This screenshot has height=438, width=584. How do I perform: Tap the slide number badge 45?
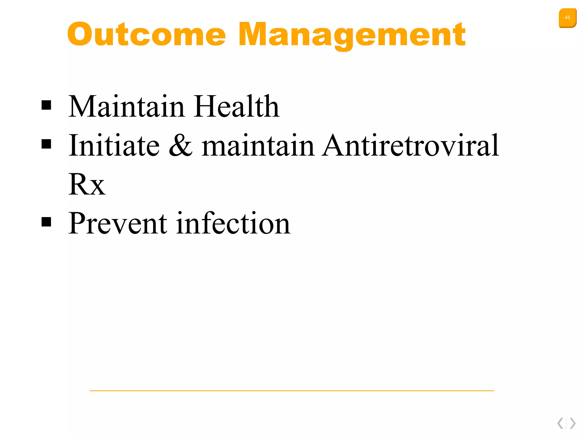pyautogui.click(x=567, y=18)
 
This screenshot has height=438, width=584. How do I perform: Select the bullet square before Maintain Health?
pyautogui.click(x=46, y=105)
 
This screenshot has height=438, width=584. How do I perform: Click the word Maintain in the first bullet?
pyautogui.click(x=126, y=106)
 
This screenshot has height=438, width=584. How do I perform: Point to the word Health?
pyautogui.click(x=236, y=106)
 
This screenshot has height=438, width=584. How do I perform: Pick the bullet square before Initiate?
pyautogui.click(x=46, y=144)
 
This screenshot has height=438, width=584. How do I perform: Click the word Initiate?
pyautogui.click(x=114, y=145)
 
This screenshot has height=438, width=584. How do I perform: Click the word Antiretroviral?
pyautogui.click(x=410, y=145)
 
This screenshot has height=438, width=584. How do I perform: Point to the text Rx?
pyautogui.click(x=87, y=184)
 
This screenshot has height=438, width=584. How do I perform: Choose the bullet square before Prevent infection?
pyautogui.click(x=46, y=222)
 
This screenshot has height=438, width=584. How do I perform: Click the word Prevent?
pyautogui.click(x=117, y=224)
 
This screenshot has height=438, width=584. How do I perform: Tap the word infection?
pyautogui.click(x=233, y=224)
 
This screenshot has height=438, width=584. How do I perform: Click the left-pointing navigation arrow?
pyautogui.click(x=560, y=423)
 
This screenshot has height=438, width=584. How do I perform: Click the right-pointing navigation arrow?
pyautogui.click(x=573, y=423)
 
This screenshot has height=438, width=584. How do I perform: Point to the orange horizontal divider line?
pyautogui.click(x=292, y=391)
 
